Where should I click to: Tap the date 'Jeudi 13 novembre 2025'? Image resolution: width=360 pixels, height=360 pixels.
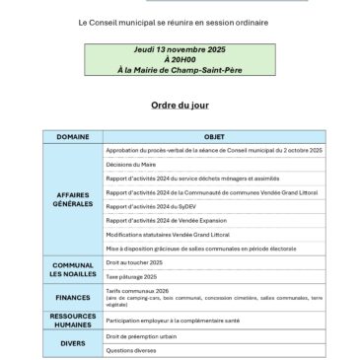tap(180, 48)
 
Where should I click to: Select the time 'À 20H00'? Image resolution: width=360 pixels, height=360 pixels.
tap(180, 58)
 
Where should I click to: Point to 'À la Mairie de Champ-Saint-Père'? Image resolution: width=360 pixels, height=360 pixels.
tap(180, 68)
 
